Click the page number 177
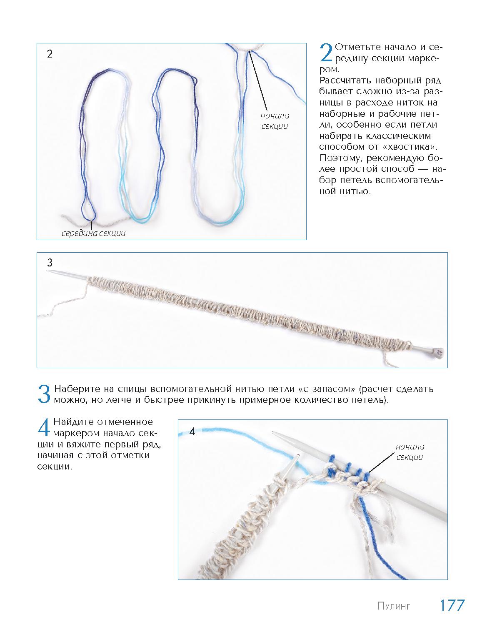[452, 605]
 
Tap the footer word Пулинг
[394, 606]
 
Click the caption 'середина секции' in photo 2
[94, 233]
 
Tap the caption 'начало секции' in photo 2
[275, 120]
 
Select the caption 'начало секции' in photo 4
[410, 452]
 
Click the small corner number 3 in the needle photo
[50, 263]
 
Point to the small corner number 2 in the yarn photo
[50, 54]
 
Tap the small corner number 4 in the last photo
[192, 432]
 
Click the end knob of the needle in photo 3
[439, 353]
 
